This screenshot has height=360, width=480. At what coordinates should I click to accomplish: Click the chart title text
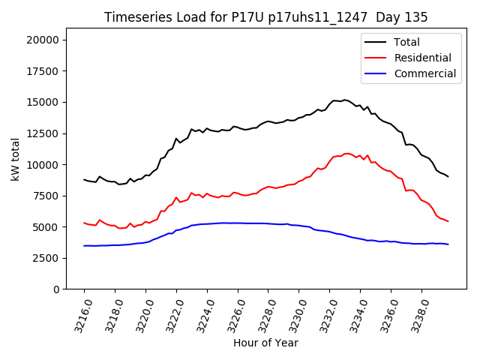pyautogui.click(x=265, y=17)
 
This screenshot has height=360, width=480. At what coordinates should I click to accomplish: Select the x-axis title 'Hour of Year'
pyautogui.click(x=265, y=343)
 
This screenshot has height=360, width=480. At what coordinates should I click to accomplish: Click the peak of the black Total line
pyautogui.click(x=344, y=99)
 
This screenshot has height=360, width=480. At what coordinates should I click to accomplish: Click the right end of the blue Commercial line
pyautogui.click(x=448, y=244)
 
